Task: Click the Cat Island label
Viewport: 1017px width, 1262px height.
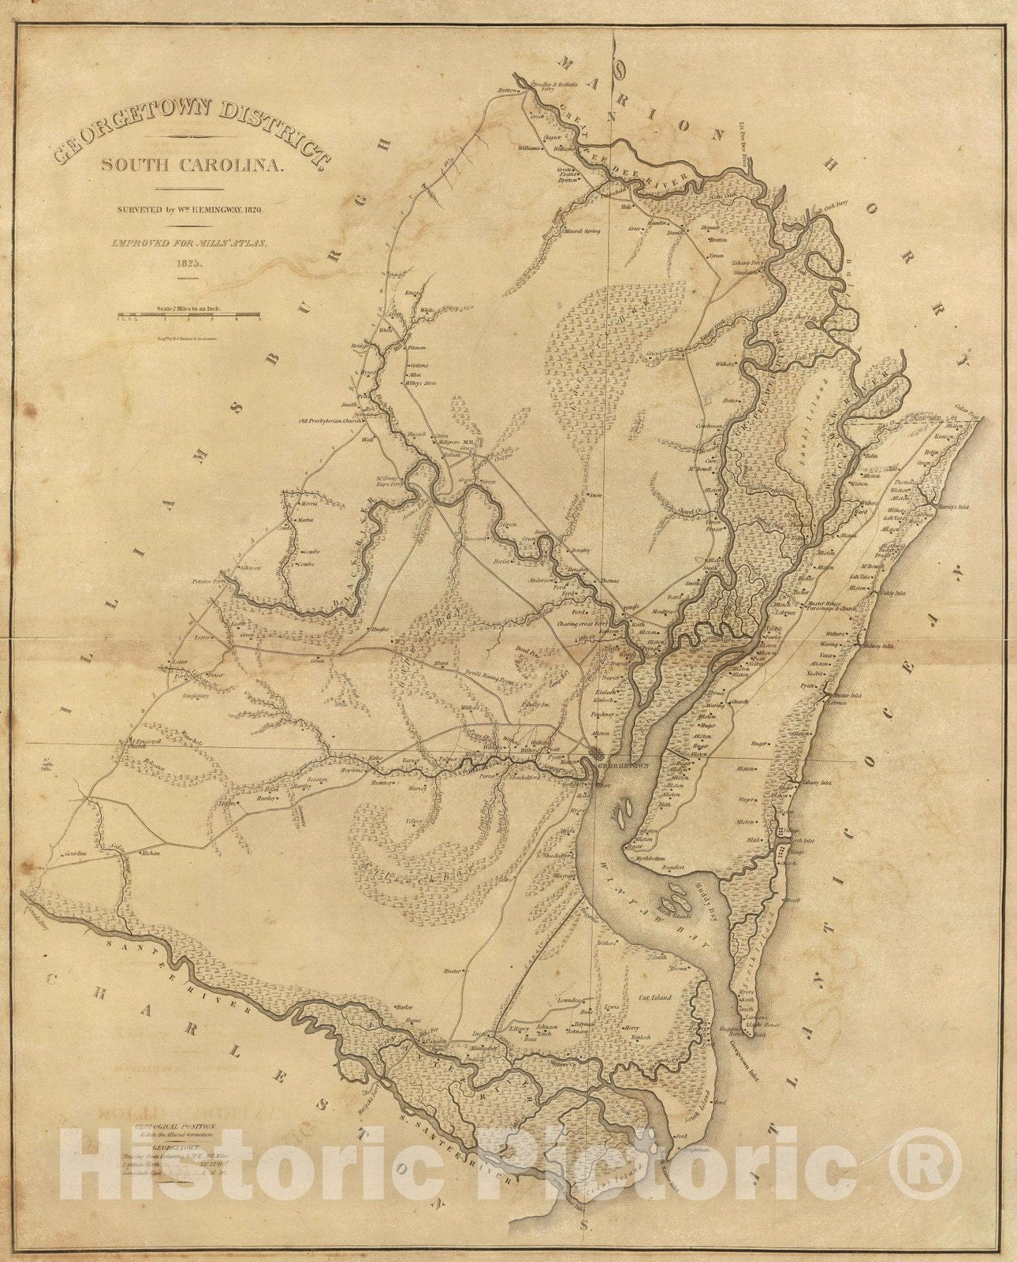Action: (654, 998)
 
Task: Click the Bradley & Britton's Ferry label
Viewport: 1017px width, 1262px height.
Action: (557, 86)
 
